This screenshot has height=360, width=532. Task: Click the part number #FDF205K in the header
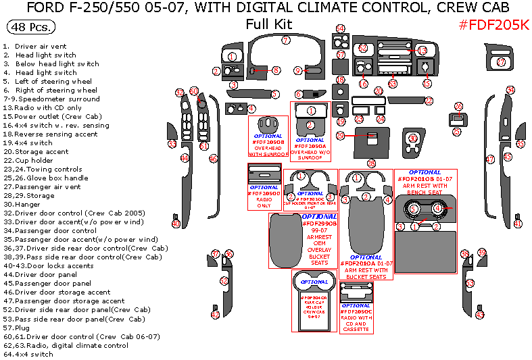(493, 25)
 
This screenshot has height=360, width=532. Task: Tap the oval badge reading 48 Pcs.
(31, 28)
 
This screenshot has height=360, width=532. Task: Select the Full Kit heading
(268, 24)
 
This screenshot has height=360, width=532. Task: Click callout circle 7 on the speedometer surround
(286, 41)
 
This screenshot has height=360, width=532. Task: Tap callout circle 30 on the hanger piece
(412, 138)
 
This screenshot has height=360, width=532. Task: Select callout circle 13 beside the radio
(422, 51)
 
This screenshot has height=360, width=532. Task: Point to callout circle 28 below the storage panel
(371, 163)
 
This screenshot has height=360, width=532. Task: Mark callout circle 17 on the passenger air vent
(501, 62)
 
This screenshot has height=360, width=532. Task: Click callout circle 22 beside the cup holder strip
(429, 101)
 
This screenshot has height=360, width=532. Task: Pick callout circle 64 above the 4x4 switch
(341, 28)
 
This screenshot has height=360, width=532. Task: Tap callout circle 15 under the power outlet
(427, 83)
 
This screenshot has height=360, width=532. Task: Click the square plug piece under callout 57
(341, 68)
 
